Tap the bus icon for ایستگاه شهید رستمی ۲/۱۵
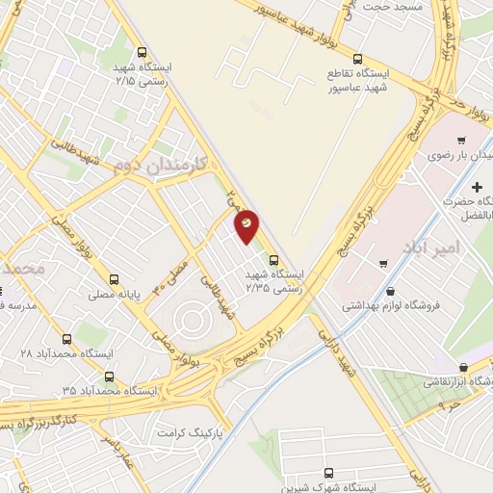(x=143, y=53)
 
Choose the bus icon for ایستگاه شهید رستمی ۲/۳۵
(x=274, y=259)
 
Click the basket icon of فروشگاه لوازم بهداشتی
(x=389, y=291)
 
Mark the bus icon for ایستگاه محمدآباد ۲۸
(x=66, y=339)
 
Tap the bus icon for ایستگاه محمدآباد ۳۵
(x=108, y=376)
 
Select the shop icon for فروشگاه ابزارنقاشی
(x=464, y=367)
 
